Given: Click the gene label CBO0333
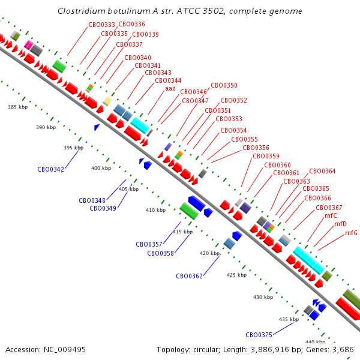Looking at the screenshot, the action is click(x=101, y=25).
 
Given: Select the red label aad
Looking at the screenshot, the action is click(x=170, y=89).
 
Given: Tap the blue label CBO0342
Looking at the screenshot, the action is click(x=50, y=169).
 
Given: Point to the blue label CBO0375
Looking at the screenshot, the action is click(x=259, y=335).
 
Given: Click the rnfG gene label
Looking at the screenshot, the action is click(x=351, y=233).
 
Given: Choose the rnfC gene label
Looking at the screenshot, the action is click(x=331, y=216).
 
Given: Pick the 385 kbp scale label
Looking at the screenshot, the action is click(x=17, y=107).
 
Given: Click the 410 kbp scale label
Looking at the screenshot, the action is click(x=155, y=210).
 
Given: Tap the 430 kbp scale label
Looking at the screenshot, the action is click(x=263, y=297).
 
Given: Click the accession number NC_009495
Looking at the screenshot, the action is click(x=65, y=350).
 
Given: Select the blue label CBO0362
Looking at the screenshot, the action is click(x=189, y=276).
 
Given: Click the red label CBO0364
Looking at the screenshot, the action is click(x=322, y=171).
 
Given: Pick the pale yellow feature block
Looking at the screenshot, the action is click(x=107, y=101).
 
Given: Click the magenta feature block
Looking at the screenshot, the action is click(x=28, y=45).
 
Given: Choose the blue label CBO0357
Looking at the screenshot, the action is click(x=149, y=244).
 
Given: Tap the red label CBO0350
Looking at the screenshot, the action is click(x=224, y=85).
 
